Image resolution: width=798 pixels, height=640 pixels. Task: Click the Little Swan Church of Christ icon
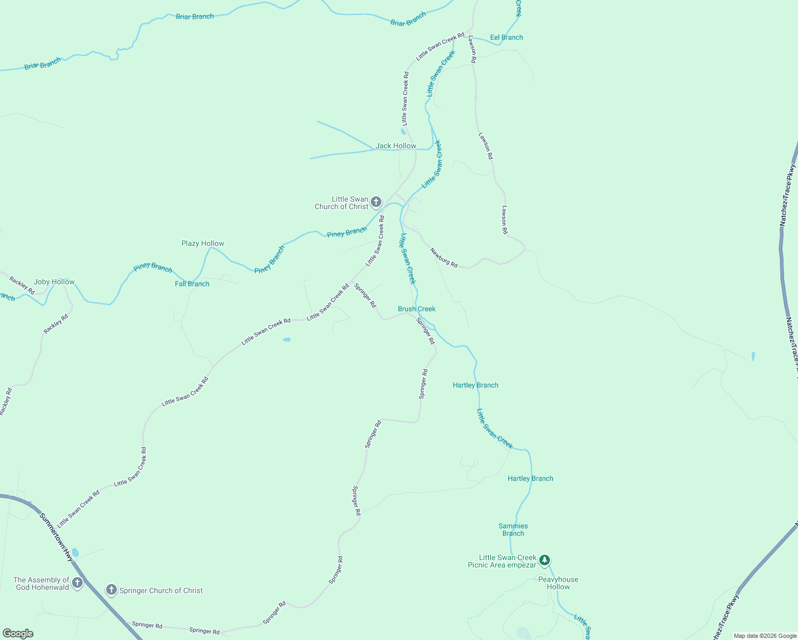point(376,202)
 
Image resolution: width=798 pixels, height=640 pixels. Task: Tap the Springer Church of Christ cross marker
point(111,589)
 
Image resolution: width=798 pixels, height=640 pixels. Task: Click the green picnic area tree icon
point(544,560)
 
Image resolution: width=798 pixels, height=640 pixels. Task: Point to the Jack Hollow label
point(396,146)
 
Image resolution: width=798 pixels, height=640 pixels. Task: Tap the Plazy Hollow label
point(203,243)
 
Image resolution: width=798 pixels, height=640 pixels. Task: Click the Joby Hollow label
point(54,282)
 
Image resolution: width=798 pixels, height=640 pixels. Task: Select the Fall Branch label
point(192,284)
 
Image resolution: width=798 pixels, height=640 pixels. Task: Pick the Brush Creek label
point(417,309)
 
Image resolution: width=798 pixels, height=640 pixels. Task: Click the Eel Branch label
point(506,37)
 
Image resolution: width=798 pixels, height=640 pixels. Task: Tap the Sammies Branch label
point(513,530)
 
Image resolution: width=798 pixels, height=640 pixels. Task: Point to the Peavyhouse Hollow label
point(558,583)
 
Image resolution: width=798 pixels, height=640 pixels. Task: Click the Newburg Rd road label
point(444,258)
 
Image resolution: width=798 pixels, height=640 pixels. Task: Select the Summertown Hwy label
point(57,537)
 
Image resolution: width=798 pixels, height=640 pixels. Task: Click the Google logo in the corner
point(18,634)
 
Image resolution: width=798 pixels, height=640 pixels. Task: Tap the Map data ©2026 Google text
point(765,636)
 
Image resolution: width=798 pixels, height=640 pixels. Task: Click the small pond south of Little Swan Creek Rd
point(286,339)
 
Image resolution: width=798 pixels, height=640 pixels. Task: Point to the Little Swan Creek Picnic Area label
point(501,561)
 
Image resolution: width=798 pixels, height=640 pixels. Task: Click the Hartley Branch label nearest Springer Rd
point(475,385)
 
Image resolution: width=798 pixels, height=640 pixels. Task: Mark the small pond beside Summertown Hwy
point(75,553)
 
